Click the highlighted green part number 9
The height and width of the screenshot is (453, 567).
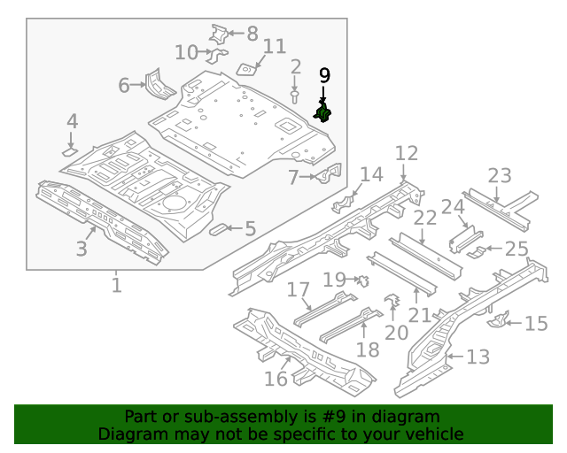coord(324,112)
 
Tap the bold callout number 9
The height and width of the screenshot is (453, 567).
coord(324,75)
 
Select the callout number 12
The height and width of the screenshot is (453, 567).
coord(406,154)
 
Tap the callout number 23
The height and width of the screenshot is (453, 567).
coord(499,175)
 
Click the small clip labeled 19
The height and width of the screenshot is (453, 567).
coord(361,280)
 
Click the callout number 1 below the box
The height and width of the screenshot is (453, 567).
coord(116,285)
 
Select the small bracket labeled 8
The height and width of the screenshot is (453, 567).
coord(218,35)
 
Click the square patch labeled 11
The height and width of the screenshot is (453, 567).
coord(248,66)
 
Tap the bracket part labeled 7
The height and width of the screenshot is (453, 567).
coord(330,174)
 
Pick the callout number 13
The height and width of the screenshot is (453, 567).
coord(478,357)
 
